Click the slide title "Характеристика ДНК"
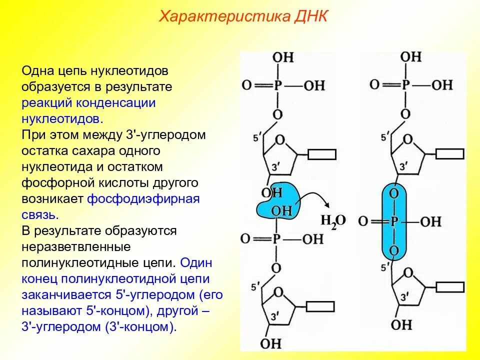[x=243, y=17]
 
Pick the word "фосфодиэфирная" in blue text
[x=143, y=198]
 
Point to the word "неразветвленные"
[x=76, y=246]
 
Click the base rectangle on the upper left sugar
[x=321, y=154]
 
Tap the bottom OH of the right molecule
[x=401, y=324]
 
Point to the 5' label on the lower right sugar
[x=384, y=268]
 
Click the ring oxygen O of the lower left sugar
[x=278, y=291]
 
